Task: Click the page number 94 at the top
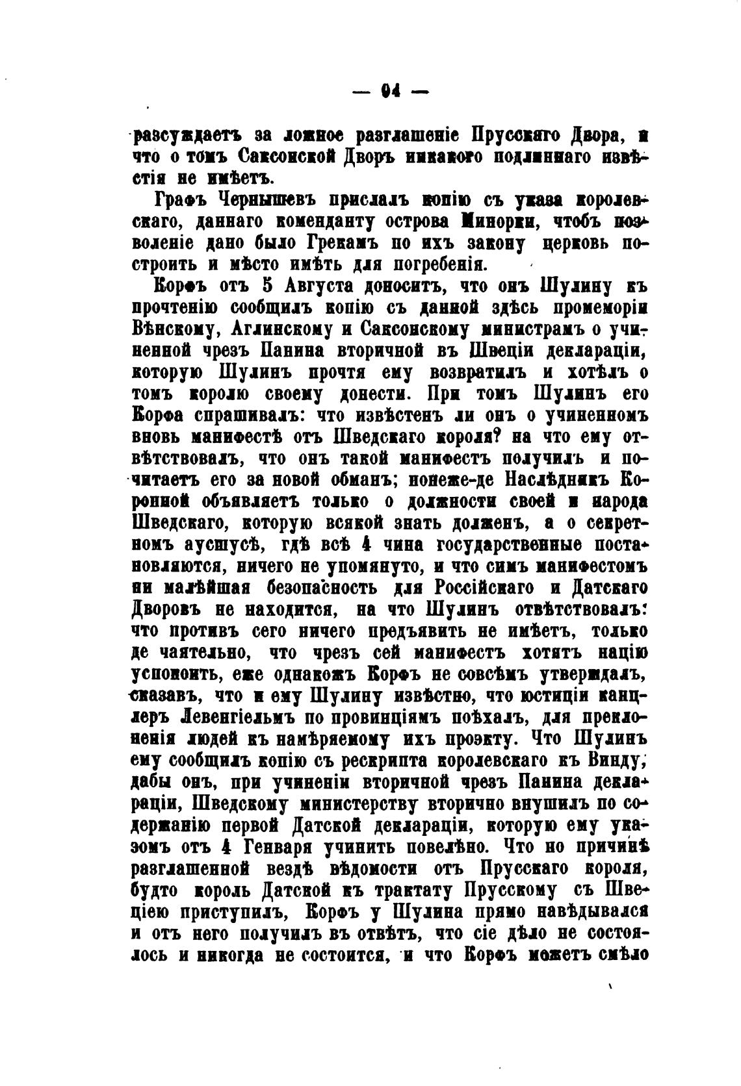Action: coord(389,93)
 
